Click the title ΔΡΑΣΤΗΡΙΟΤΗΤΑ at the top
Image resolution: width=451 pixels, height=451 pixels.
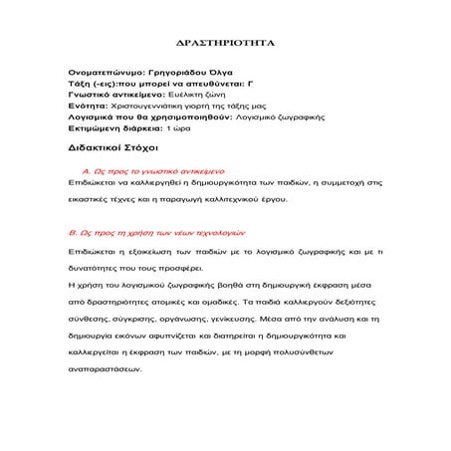point(225,45)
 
